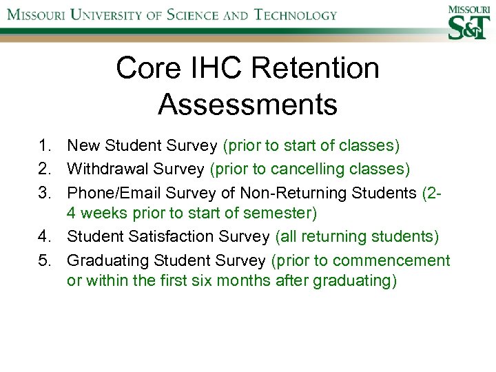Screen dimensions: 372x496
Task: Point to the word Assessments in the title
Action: pos(247,104)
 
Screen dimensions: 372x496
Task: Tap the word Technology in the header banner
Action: pos(284,15)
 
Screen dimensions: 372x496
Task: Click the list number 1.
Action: pos(45,146)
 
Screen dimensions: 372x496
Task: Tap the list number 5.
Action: pos(45,260)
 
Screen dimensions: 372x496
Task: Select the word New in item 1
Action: pos(83,146)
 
